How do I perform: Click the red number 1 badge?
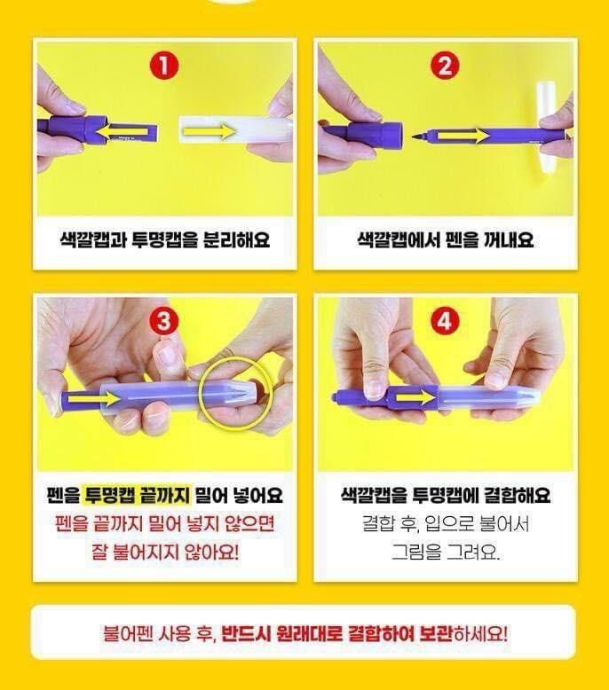pyautogui.click(x=163, y=66)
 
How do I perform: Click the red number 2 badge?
pyautogui.click(x=445, y=67)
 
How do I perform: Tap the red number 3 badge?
pyautogui.click(x=163, y=321)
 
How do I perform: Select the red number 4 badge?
pyautogui.click(x=444, y=321)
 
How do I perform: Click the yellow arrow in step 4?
pyautogui.click(x=414, y=398)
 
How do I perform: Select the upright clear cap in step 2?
pyautogui.click(x=546, y=126)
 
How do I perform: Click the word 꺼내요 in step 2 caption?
pyautogui.click(x=509, y=240)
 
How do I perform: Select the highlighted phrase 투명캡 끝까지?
pyautogui.click(x=137, y=495)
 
